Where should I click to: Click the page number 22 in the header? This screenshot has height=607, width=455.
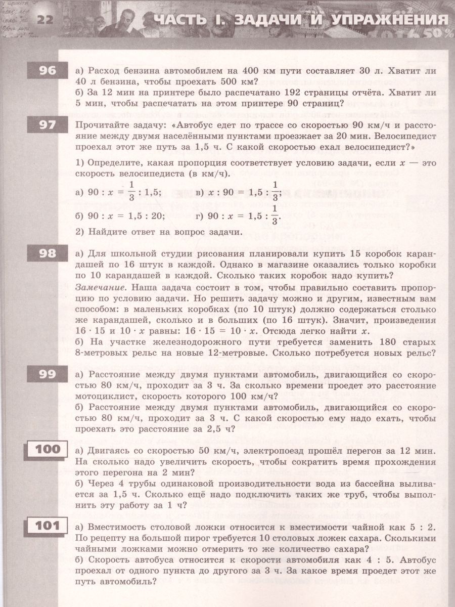tap(44, 20)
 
